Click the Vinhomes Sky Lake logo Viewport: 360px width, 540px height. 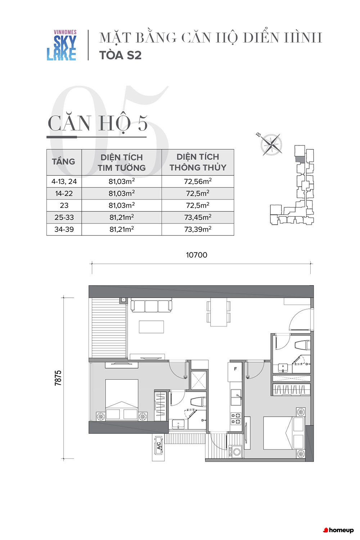62,45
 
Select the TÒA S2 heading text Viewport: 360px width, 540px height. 120,55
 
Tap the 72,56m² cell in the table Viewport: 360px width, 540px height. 198,181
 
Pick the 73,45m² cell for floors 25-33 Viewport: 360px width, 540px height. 198,217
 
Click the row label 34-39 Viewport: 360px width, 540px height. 64,229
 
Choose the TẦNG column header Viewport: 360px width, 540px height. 64,162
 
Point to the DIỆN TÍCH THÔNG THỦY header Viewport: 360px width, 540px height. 198,162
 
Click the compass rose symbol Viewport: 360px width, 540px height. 271,145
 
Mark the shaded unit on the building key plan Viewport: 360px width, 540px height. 300,159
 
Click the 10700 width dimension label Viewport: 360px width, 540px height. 197,255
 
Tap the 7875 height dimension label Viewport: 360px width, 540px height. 58,378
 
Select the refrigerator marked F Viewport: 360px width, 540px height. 235,372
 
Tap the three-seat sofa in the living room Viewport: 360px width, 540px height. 151,305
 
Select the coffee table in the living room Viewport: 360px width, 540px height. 152,327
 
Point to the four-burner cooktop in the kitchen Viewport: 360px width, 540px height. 236,418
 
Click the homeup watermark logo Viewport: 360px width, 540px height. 338,530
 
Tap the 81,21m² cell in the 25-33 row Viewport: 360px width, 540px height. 122,217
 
